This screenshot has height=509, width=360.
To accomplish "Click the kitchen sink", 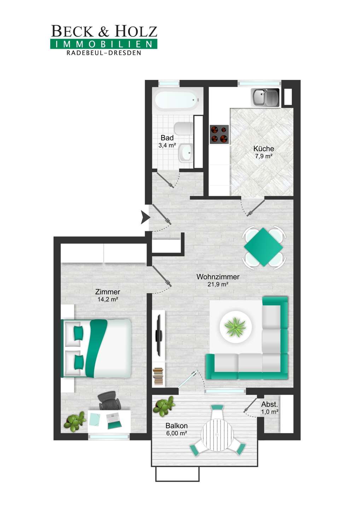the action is tap(265, 97).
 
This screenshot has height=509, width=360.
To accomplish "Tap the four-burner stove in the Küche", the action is tap(219, 134).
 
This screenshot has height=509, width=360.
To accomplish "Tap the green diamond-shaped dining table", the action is tap(263, 247).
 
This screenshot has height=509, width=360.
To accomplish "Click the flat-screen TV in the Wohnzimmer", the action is tap(159, 335).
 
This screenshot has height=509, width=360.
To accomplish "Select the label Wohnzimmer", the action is tap(218, 277).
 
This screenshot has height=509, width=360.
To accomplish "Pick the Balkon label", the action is tap(176, 425).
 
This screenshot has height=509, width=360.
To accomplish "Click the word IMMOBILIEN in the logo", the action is tap(104, 44).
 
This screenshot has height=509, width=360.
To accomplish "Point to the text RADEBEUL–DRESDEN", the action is tap(104, 53).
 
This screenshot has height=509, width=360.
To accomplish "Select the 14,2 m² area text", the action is tap(108, 299).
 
